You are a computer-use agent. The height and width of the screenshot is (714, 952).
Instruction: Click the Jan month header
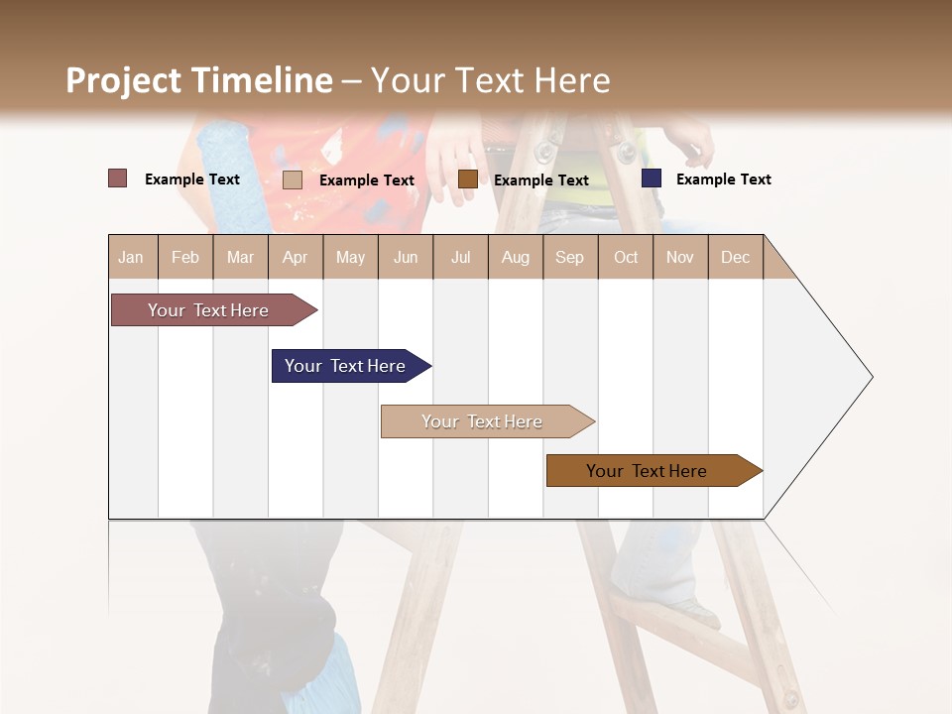[x=131, y=257]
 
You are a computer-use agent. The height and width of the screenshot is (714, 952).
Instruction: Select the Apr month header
[x=295, y=257]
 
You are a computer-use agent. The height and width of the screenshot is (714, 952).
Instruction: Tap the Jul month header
[x=460, y=257]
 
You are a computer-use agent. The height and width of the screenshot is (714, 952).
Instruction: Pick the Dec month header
[x=735, y=257]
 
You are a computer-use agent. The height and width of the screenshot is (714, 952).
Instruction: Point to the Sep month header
[x=569, y=257]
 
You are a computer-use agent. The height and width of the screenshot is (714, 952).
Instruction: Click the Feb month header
[x=185, y=257]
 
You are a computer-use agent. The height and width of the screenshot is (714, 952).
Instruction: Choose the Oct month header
[x=626, y=257]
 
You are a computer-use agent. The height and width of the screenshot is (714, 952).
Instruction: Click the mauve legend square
[x=118, y=178]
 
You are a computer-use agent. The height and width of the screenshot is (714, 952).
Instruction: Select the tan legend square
[x=293, y=179]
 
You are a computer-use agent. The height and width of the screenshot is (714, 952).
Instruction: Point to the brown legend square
[x=468, y=178]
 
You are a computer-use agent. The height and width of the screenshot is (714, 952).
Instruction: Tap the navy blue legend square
[x=652, y=178]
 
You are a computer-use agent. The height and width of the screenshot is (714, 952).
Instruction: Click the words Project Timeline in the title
[x=199, y=80]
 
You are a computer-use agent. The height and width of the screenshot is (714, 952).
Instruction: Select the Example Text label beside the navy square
[x=724, y=179]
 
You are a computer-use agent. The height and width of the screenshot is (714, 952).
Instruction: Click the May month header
[x=350, y=257]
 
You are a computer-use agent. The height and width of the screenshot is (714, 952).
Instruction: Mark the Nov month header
[x=679, y=257]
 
